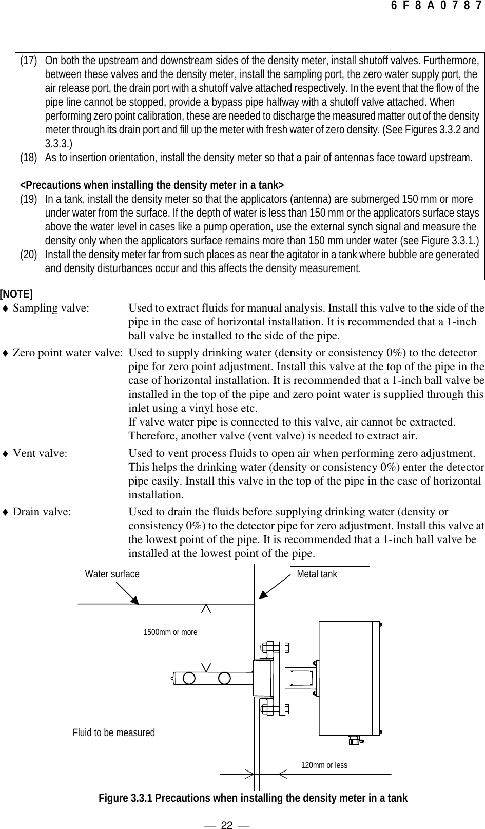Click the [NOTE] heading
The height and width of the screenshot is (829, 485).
point(16,294)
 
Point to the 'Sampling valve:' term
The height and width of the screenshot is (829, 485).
point(50,309)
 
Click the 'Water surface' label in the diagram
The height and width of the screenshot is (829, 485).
point(112,574)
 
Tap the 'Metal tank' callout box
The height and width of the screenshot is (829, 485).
point(329,581)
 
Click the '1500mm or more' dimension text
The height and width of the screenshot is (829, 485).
point(170,632)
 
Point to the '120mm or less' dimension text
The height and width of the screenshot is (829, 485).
point(324,765)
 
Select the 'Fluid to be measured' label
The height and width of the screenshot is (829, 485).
point(113,732)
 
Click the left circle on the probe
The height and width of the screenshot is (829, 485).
point(189,678)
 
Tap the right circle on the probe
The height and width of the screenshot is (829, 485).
point(224,678)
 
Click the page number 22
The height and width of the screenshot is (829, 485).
point(227,811)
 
